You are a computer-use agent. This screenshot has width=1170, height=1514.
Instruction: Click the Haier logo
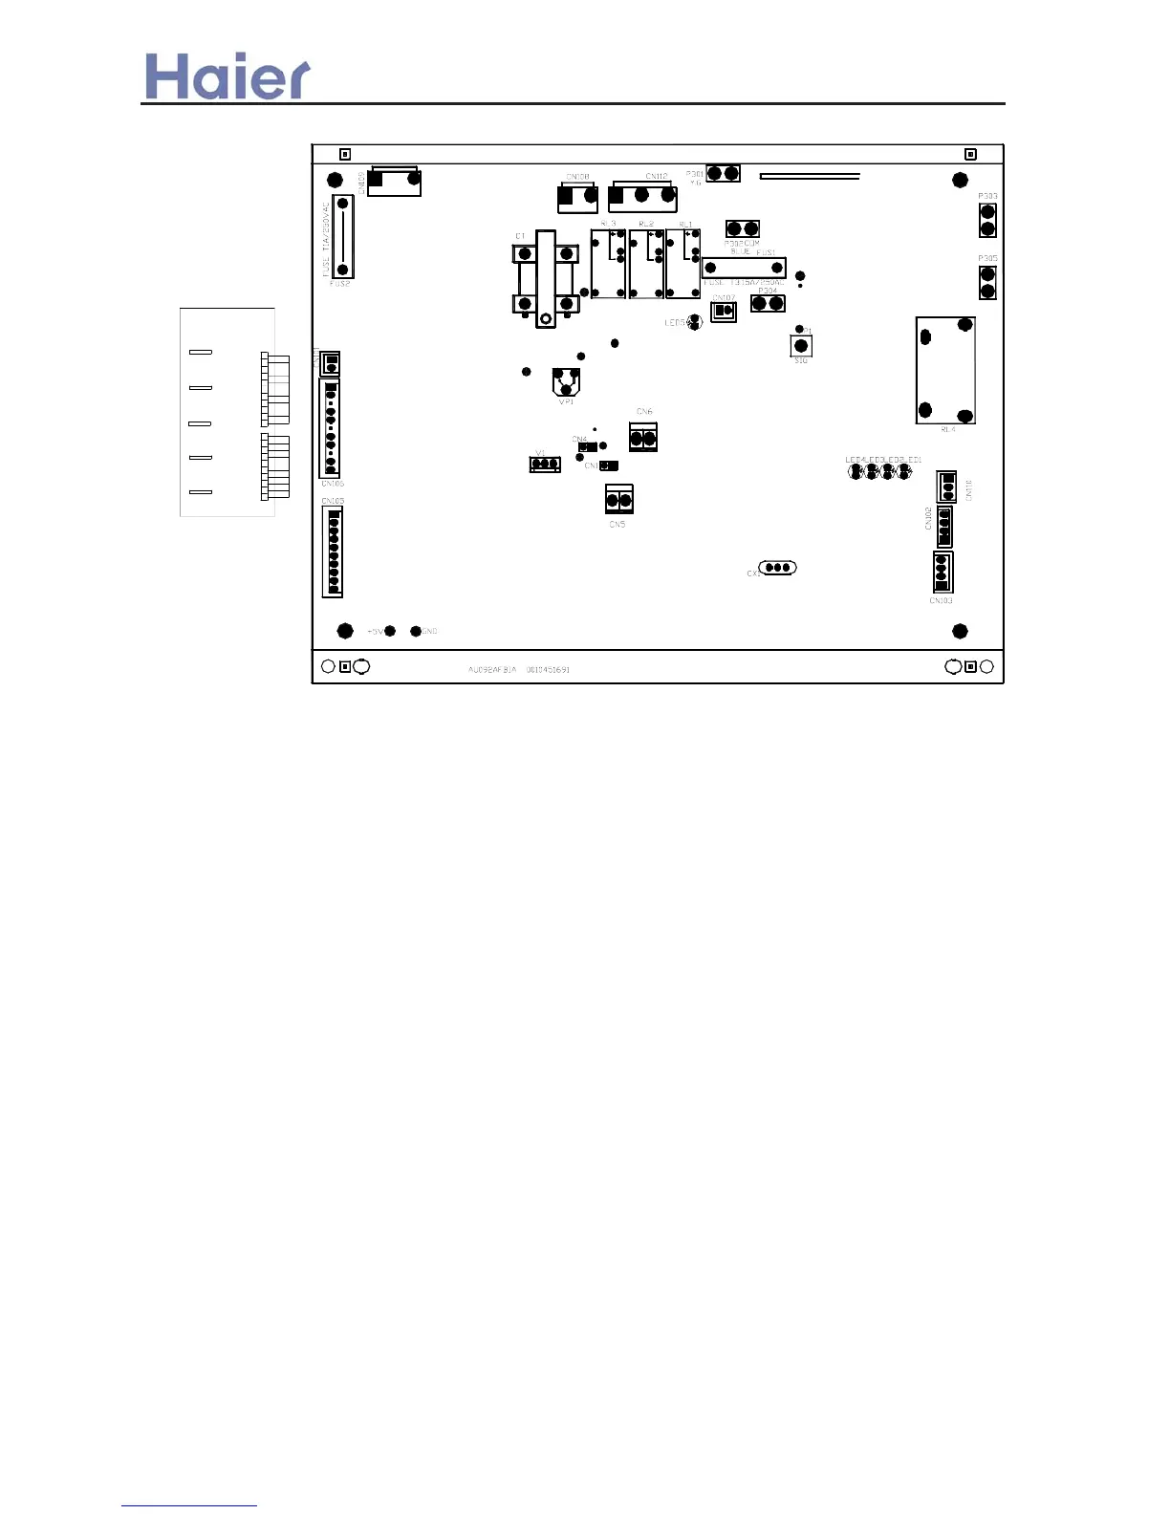point(227,76)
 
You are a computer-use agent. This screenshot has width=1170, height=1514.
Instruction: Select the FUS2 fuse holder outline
point(342,236)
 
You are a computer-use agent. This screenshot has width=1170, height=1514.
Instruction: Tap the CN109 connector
point(394,181)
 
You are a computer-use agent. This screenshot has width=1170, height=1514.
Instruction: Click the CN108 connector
point(577,197)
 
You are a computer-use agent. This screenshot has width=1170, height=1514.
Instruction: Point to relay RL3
point(608,265)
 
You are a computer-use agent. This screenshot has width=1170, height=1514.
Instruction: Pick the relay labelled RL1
point(683,265)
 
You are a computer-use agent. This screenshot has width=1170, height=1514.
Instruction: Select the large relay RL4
point(945,370)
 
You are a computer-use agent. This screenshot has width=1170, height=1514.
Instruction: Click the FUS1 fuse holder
point(744,268)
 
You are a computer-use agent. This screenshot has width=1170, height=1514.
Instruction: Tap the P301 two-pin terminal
point(723,173)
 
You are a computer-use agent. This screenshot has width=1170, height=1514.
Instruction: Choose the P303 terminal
point(987,220)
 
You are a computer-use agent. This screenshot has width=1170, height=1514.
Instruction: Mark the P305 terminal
point(987,283)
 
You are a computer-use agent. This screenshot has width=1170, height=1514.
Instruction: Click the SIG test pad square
point(801,345)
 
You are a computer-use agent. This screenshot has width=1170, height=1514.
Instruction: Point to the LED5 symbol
point(696,323)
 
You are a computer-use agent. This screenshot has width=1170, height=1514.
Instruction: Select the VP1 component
point(567,381)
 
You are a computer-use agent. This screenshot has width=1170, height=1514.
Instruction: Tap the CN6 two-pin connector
point(643,438)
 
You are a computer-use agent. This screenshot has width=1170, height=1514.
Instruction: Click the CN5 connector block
point(619,499)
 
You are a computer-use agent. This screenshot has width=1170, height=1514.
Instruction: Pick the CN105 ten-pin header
point(330,427)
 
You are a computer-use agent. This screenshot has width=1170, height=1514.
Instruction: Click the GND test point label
point(430,632)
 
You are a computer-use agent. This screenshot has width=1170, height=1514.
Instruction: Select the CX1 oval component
point(777,568)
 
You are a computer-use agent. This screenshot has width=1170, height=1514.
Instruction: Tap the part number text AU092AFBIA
point(491,670)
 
